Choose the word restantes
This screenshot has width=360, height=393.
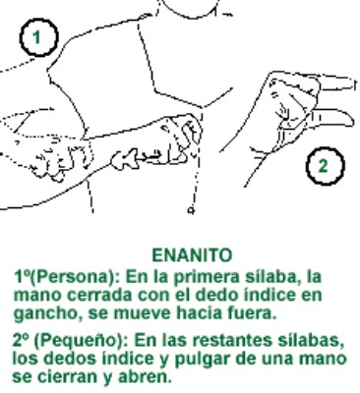(x=234, y=339)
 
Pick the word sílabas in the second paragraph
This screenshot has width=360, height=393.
(x=314, y=339)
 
